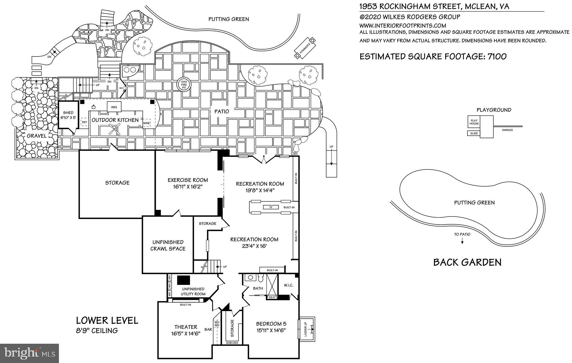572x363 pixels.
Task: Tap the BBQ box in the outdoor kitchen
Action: [114, 107]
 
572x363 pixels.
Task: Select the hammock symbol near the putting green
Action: [305, 48]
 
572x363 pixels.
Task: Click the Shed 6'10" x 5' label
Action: [68, 115]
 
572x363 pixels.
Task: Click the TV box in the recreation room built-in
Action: [270, 207]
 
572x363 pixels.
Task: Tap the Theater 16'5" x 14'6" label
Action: [186, 330]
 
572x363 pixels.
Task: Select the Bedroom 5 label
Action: [271, 327]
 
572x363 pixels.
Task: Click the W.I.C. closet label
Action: [288, 285]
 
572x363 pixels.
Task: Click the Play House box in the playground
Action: [474, 122]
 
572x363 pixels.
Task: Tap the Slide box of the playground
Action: [474, 133]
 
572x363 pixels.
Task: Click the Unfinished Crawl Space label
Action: [168, 245]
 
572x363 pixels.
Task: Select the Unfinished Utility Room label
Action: [193, 291]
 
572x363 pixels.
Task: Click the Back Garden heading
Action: [467, 262]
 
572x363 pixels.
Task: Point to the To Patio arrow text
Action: [462, 234]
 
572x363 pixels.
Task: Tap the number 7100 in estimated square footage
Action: [497, 56]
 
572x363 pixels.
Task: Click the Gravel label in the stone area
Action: [37, 136]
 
